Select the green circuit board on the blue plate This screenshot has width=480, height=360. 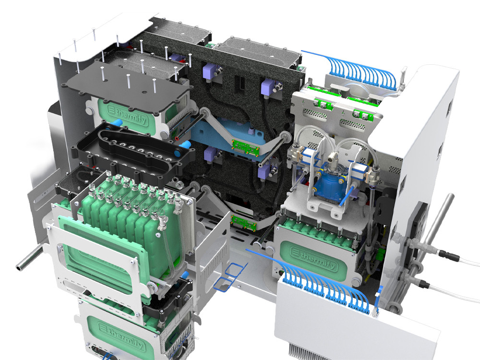pos(245,147)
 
